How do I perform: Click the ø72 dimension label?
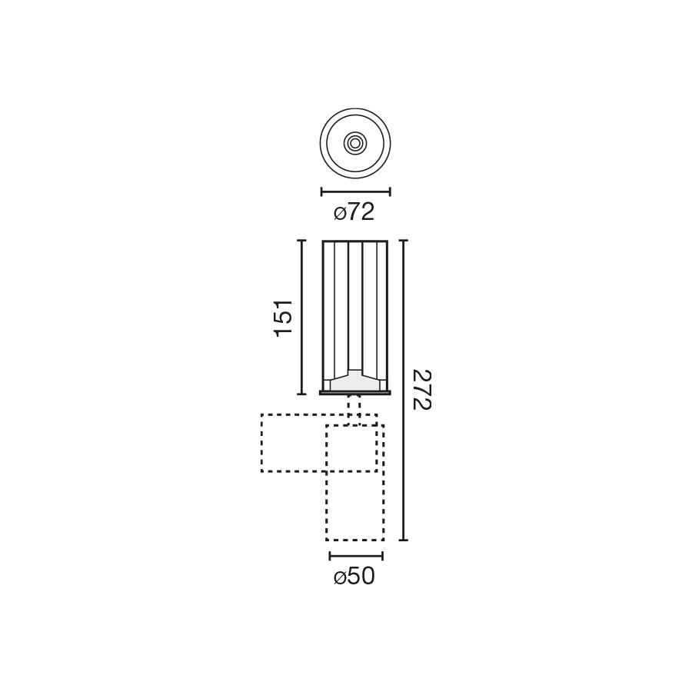point(354,212)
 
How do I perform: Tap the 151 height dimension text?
point(283,318)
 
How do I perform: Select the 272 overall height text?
point(421,390)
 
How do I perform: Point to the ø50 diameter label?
point(354,577)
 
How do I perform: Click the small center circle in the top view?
point(355,143)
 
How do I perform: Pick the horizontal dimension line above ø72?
point(356,191)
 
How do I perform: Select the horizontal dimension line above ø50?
point(356,556)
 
